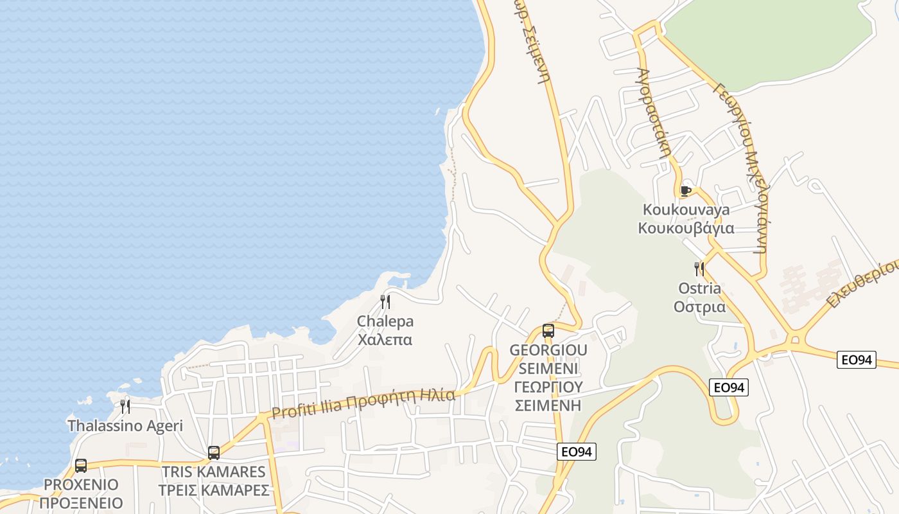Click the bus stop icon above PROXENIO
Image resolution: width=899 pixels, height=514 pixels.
point(81,466)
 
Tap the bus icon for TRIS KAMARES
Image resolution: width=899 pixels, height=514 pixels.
point(214,453)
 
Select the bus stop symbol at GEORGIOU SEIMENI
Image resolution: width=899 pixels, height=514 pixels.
point(548,331)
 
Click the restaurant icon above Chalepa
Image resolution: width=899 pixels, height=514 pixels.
point(385,302)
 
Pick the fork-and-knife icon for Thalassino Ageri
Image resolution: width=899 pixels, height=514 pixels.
point(125,406)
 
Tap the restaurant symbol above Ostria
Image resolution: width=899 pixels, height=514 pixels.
point(699,269)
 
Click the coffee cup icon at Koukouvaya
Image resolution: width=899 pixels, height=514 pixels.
point(685,191)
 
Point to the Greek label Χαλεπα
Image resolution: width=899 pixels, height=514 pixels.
point(385,339)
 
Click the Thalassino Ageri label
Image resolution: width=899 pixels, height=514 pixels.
point(125,425)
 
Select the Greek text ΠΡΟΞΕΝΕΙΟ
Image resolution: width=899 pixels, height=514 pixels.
point(81,502)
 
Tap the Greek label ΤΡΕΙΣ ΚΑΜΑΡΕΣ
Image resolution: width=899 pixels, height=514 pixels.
point(214,490)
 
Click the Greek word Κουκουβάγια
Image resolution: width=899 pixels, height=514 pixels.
point(686,228)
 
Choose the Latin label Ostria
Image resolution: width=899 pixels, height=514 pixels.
point(699,288)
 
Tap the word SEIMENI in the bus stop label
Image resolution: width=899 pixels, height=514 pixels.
point(548,369)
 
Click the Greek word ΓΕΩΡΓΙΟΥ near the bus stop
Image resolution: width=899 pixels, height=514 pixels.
point(548,387)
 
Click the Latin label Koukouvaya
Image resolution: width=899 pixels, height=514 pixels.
point(686,210)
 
